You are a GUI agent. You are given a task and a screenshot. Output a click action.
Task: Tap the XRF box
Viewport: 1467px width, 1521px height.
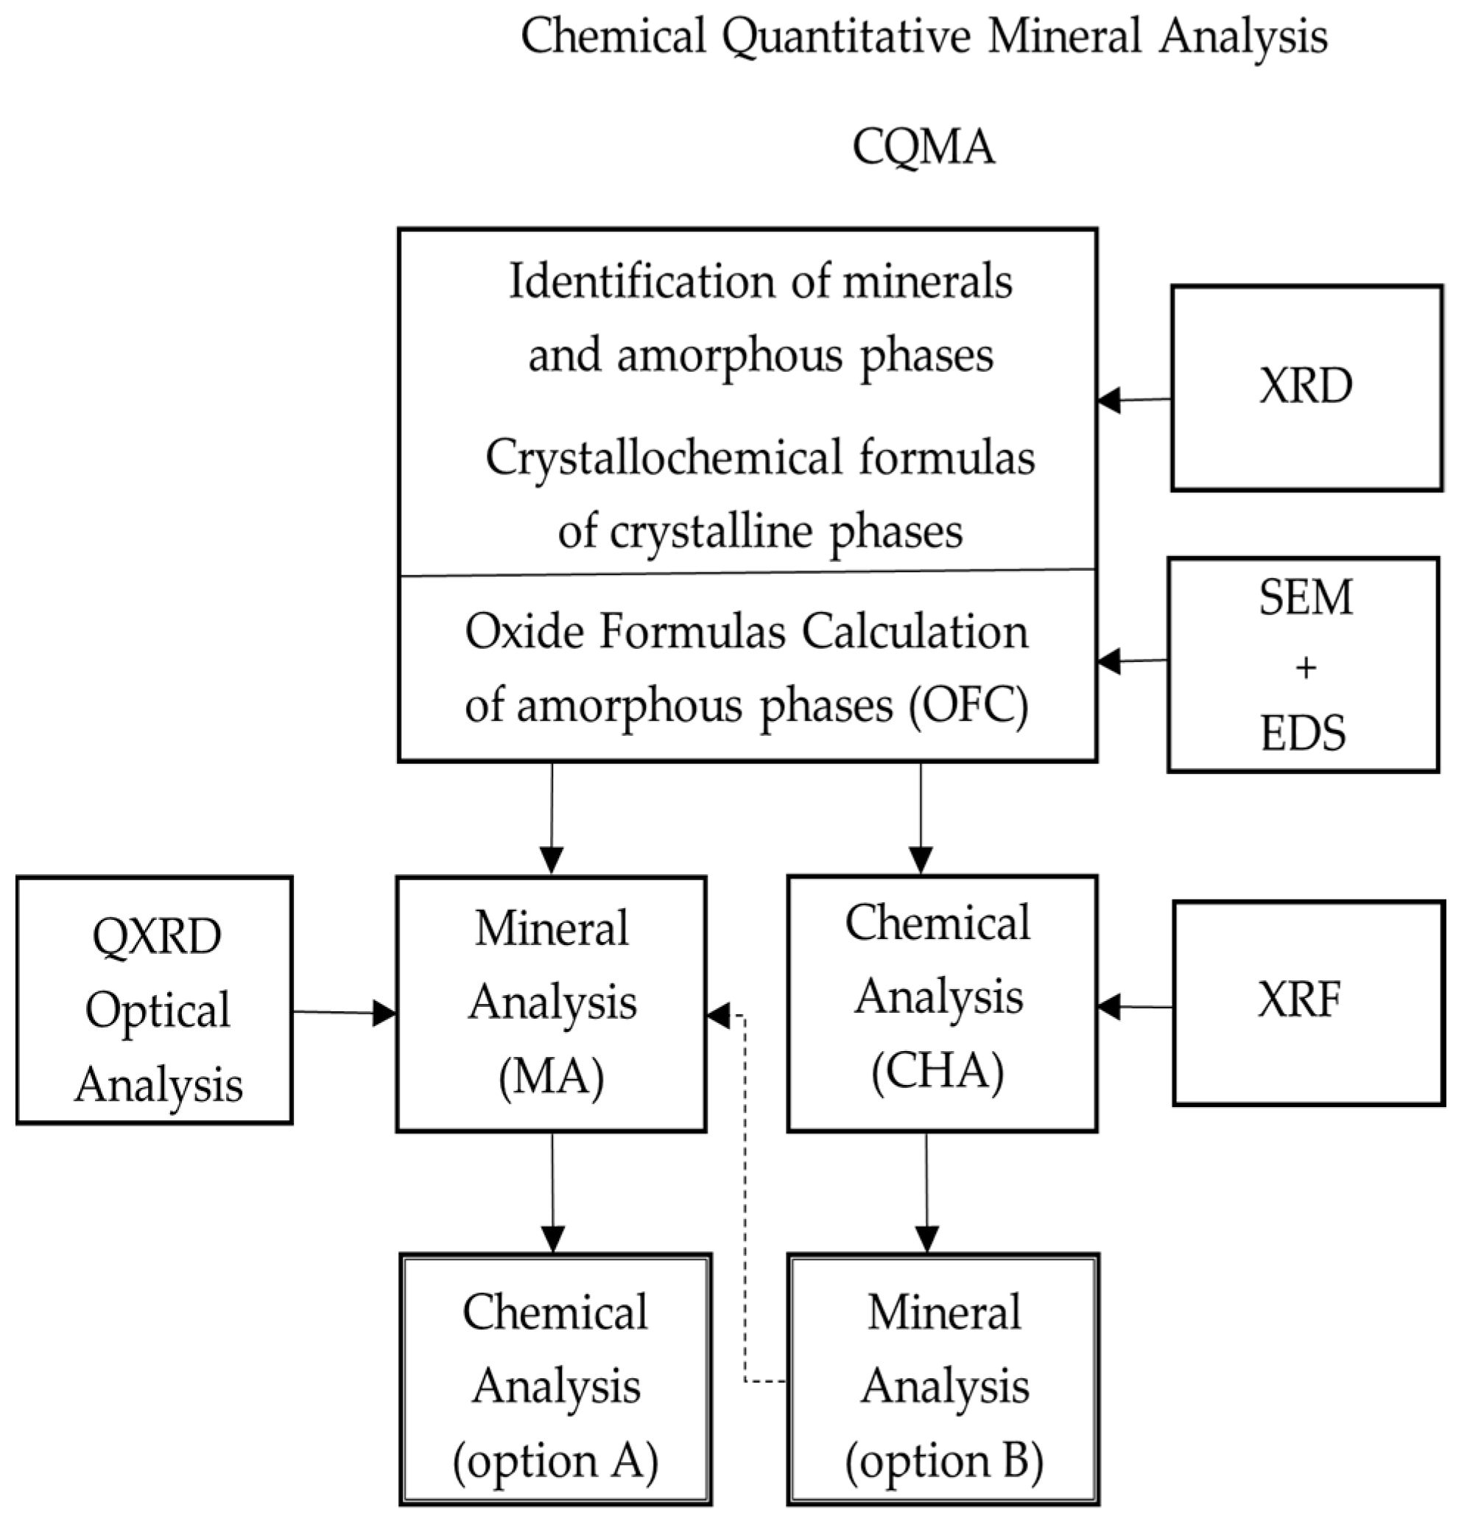click(x=1308, y=1001)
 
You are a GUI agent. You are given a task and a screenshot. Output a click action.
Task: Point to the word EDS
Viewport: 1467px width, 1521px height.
click(x=1304, y=733)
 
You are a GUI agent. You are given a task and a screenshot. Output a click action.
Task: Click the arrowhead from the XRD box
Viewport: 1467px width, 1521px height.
click(x=1109, y=401)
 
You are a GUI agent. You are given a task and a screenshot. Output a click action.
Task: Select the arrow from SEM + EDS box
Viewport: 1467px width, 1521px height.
click(x=1133, y=661)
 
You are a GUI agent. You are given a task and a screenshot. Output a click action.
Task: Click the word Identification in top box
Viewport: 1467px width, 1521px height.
click(x=643, y=281)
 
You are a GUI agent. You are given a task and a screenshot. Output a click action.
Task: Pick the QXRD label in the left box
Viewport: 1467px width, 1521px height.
click(x=156, y=937)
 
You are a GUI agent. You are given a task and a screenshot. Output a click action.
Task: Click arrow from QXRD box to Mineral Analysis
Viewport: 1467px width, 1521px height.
click(x=345, y=1012)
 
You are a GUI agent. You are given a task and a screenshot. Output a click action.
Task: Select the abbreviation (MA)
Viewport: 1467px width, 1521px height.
click(x=552, y=1077)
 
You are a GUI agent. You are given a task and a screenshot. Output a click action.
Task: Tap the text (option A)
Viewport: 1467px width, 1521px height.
click(x=555, y=1461)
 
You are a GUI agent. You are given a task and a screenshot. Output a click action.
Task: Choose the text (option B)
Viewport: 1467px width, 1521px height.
click(x=943, y=1461)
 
